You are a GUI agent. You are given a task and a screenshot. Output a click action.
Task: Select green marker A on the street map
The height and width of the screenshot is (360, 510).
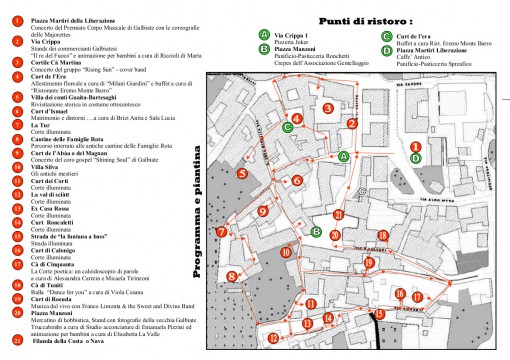click(x=343, y=156)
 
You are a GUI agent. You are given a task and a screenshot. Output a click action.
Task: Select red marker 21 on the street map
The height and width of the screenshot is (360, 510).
click(x=339, y=214)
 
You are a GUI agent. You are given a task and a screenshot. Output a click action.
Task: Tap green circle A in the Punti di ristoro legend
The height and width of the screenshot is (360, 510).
click(x=263, y=33)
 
